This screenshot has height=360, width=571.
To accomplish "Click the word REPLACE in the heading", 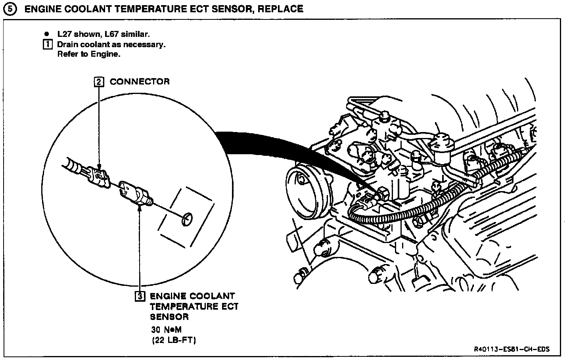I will [x=281, y=8].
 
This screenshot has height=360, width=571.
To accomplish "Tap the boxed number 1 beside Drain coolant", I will [x=47, y=44].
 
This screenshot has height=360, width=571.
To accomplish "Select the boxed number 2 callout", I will [x=99, y=82].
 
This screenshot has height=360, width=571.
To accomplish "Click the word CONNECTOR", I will [x=140, y=82].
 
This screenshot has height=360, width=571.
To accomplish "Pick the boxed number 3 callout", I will [x=140, y=296].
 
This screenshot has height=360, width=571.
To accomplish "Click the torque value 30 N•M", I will [x=167, y=329].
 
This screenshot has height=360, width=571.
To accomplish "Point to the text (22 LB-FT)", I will [x=174, y=340].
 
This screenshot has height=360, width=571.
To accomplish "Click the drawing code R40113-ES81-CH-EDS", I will [x=512, y=350].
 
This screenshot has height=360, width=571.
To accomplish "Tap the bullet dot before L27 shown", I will [x=46, y=34].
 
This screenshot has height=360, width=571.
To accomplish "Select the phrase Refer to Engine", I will [x=88, y=54].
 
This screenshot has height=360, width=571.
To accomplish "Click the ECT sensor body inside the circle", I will [x=135, y=193].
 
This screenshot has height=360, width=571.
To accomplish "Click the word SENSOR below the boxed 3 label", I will [x=169, y=317].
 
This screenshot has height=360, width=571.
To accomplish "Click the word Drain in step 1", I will [x=67, y=44].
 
